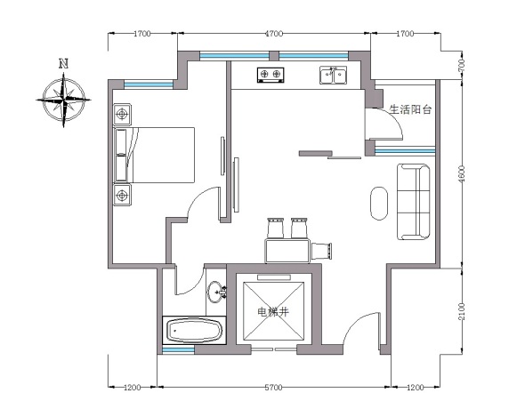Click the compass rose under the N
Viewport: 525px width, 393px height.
(63, 100)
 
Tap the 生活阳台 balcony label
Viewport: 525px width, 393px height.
(410, 109)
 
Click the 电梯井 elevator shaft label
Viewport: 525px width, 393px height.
(273, 312)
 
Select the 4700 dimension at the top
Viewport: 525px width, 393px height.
(274, 34)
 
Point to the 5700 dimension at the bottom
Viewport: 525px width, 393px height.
(273, 388)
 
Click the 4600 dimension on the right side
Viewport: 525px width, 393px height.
(462, 174)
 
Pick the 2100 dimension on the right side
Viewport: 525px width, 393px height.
(462, 311)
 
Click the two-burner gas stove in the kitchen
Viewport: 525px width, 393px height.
(271, 75)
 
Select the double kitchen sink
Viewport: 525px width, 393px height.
(333, 76)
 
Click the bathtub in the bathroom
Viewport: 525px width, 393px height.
(194, 330)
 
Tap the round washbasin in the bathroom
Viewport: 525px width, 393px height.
(216, 292)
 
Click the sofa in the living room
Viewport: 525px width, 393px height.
(414, 202)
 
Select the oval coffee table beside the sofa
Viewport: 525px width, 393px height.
(379, 204)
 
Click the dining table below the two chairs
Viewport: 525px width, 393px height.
(287, 251)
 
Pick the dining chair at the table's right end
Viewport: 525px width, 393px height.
(322, 251)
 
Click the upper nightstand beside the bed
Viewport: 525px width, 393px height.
(122, 115)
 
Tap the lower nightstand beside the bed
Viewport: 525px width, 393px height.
(122, 195)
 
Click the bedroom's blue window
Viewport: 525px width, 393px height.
(149, 84)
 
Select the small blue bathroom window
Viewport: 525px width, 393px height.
(179, 349)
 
